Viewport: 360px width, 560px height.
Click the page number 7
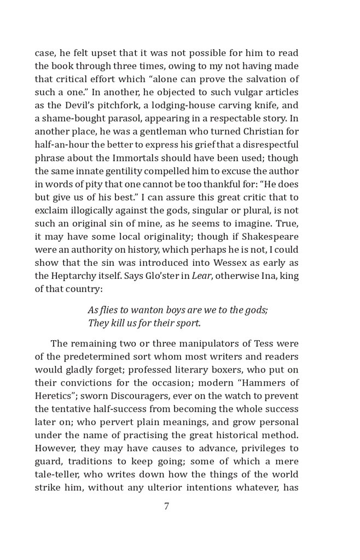click(x=166, y=506)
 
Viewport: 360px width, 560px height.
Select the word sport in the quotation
click(x=187, y=323)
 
